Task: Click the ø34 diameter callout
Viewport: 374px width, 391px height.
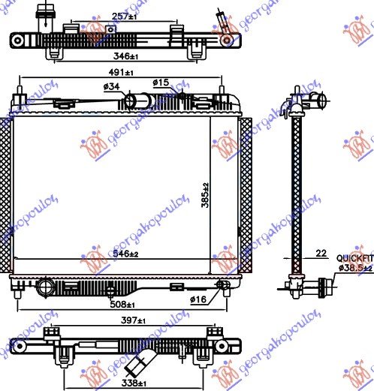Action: click(111, 88)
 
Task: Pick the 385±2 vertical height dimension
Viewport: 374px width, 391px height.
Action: click(204, 197)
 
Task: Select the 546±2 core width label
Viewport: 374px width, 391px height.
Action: click(125, 255)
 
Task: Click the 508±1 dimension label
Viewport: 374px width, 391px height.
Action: click(121, 305)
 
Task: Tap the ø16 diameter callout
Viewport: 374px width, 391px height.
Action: click(198, 299)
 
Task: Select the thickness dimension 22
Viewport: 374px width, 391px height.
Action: click(321, 254)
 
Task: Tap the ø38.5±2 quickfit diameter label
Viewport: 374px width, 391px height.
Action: click(354, 267)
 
